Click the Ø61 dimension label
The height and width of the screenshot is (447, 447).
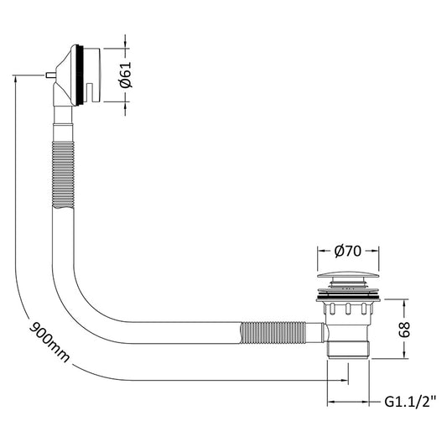pos(126,75)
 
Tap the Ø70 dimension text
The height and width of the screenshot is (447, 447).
pos(348,251)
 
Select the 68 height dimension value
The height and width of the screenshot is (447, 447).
pos(404,330)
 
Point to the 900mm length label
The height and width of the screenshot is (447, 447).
pos(49,342)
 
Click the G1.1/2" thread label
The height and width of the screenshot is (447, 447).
pos(410,402)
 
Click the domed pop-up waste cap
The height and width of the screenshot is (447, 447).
pos(348,275)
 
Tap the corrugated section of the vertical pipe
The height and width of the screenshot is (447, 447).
pos(63,174)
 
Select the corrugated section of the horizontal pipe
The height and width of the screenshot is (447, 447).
pos(273,332)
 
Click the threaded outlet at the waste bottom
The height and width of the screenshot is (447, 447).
pos(348,349)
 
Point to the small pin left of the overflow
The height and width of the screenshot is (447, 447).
pos(50,75)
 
